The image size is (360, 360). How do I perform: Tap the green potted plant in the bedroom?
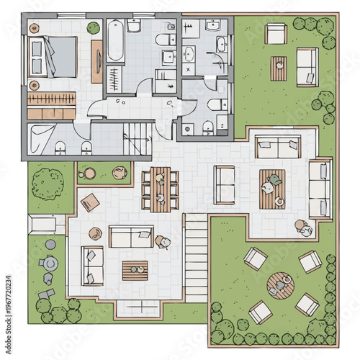(x=93, y=28)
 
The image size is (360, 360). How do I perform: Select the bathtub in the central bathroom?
(x=115, y=40)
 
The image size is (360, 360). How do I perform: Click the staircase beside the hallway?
(x=138, y=135)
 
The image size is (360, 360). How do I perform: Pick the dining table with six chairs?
(x=160, y=188)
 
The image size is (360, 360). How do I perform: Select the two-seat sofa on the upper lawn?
(x=307, y=66)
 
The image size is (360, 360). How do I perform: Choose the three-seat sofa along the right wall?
(x=319, y=189)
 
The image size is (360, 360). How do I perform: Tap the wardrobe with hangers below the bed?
(x=53, y=97)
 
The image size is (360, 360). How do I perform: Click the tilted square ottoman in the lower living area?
(x=91, y=202)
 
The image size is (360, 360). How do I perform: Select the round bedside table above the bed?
(x=34, y=27)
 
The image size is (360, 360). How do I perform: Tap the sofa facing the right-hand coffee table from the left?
(x=225, y=185)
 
